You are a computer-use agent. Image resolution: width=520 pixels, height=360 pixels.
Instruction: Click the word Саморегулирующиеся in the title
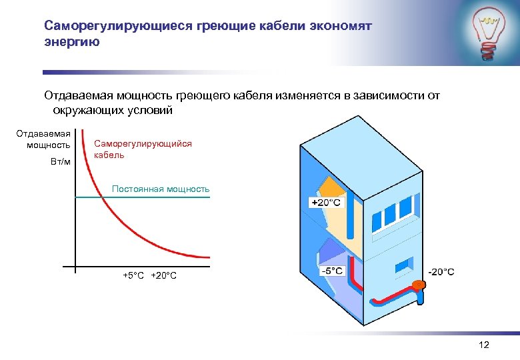(117, 26)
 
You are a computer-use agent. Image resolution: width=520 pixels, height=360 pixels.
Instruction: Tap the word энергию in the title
(71, 43)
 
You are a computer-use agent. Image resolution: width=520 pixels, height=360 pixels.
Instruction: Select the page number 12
(484, 345)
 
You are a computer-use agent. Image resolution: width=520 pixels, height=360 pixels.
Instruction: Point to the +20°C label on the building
(326, 202)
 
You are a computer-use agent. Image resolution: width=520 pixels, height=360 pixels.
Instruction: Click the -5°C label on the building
(331, 271)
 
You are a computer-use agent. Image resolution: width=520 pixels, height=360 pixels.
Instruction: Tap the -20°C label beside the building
(441, 271)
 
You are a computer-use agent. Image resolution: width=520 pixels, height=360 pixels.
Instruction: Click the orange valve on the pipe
(419, 285)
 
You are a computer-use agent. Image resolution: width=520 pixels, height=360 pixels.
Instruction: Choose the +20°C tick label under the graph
(164, 275)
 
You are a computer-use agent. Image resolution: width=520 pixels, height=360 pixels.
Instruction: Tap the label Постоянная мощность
(161, 189)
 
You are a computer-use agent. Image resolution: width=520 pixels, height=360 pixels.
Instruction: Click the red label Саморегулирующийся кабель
(143, 149)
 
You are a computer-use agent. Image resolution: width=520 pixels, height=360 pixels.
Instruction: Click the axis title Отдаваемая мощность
(44, 139)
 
